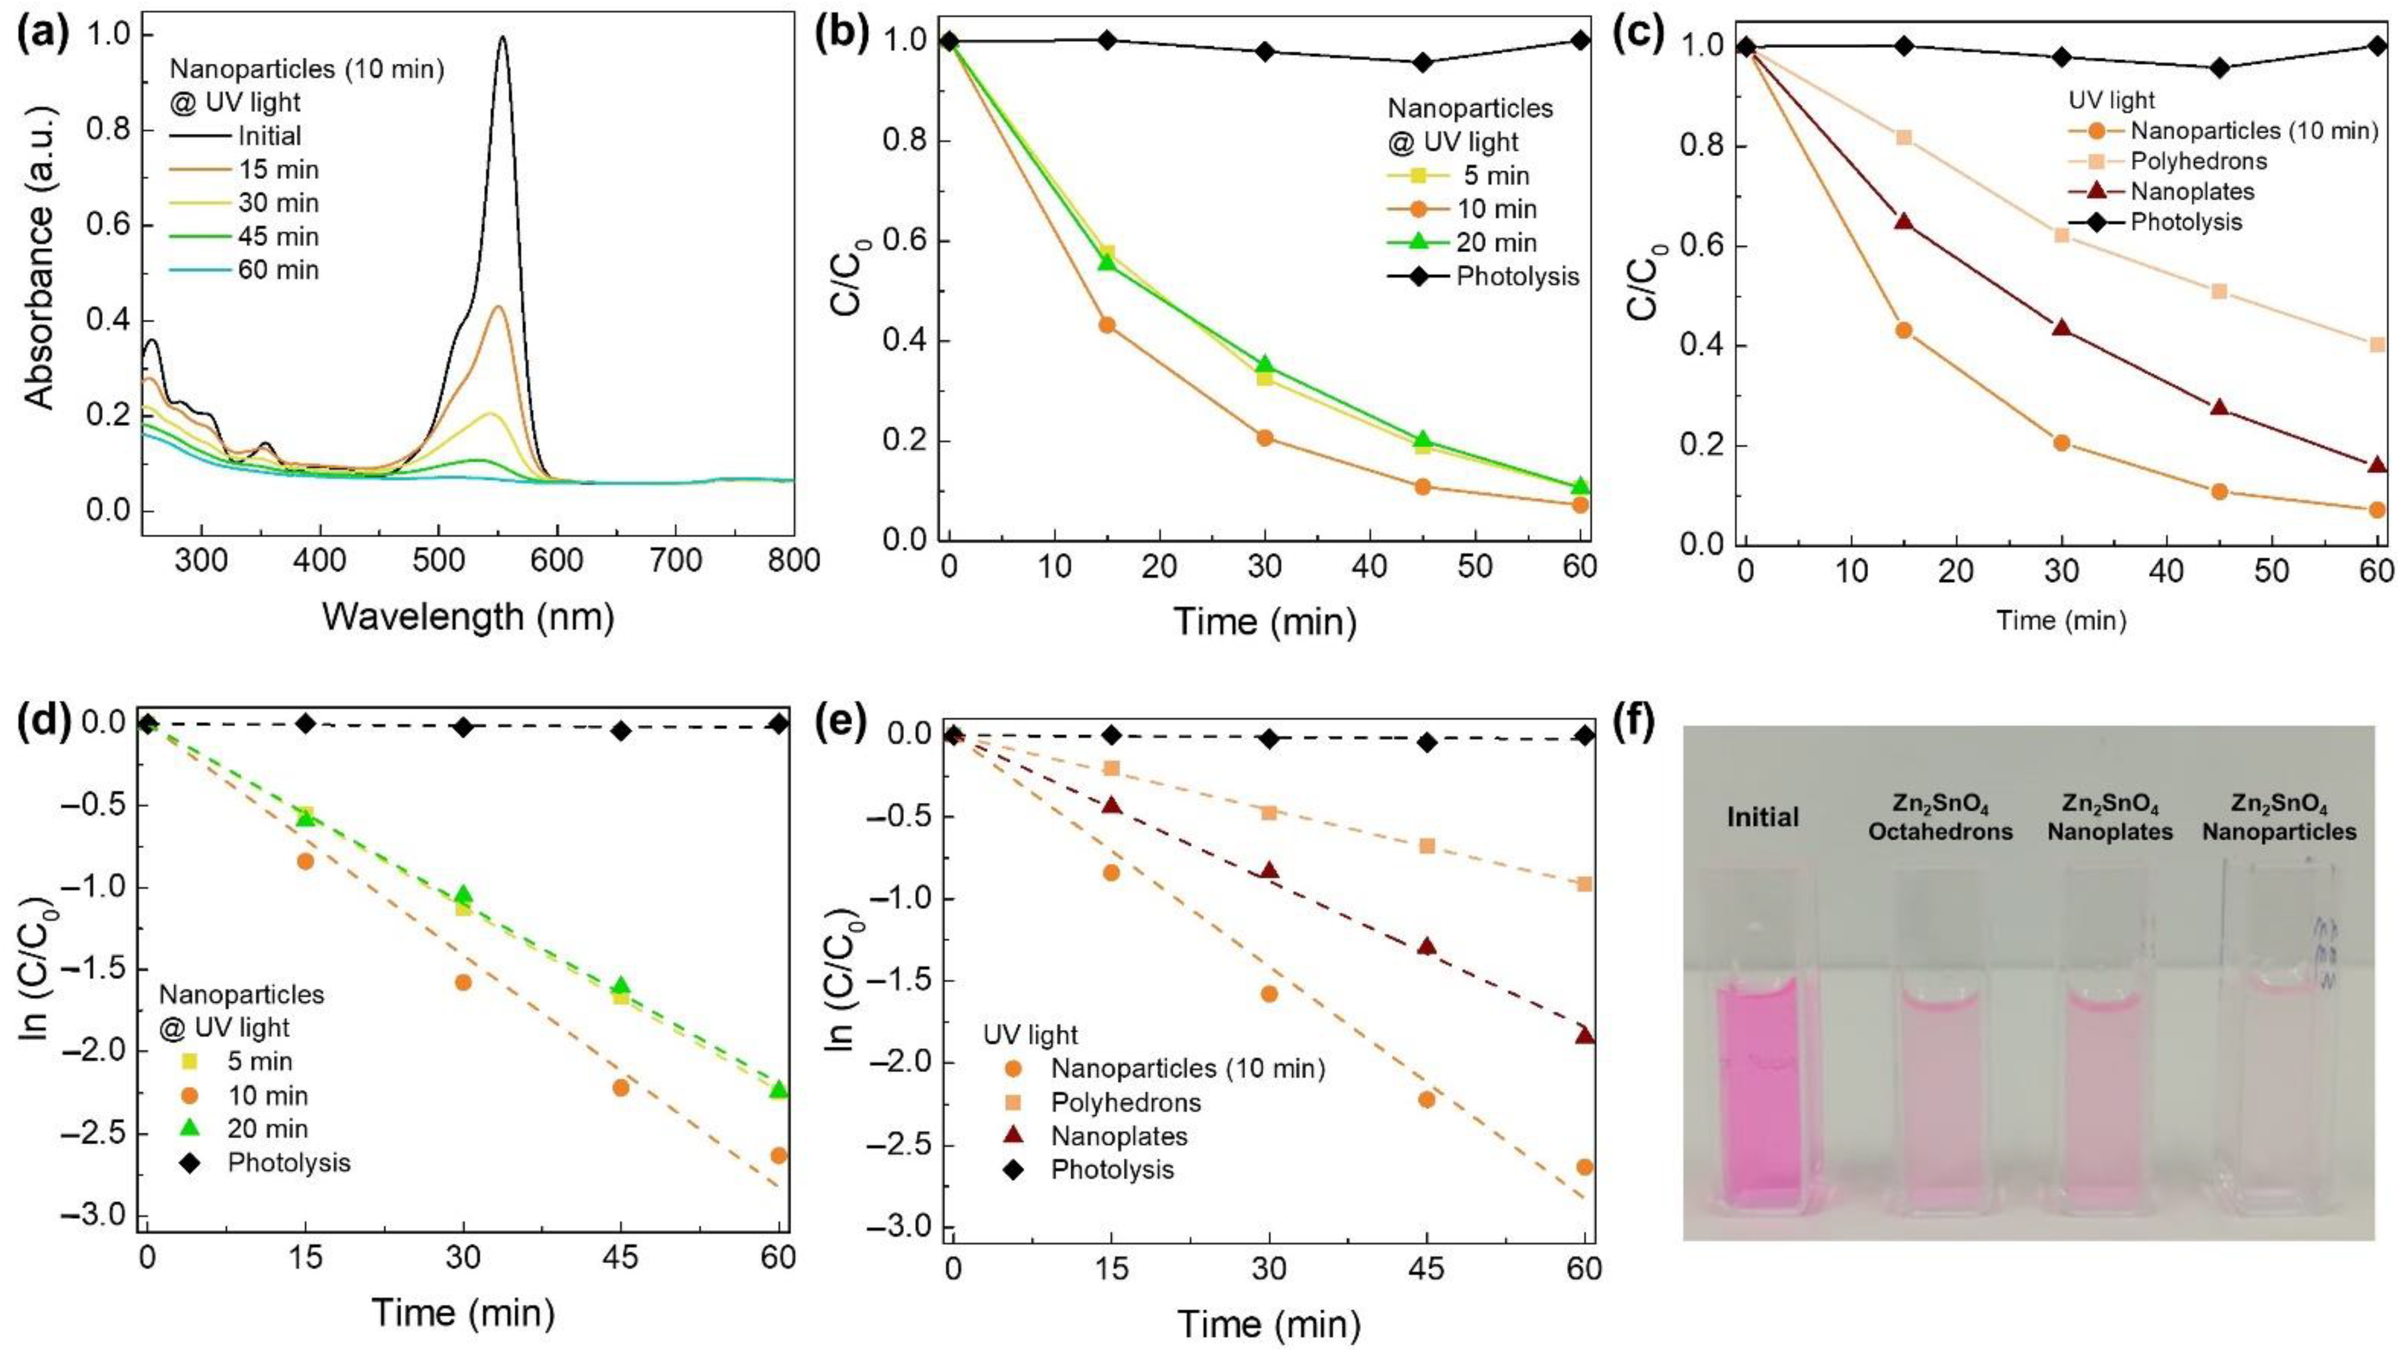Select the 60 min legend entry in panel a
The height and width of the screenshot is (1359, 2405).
click(x=277, y=271)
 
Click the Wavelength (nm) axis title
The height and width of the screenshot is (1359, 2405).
click(x=468, y=617)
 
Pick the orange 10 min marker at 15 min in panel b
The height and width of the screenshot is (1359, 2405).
click(x=1107, y=325)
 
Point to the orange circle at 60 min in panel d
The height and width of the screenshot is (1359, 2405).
click(x=778, y=1155)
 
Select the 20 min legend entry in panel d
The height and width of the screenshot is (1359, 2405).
click(x=267, y=1129)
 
